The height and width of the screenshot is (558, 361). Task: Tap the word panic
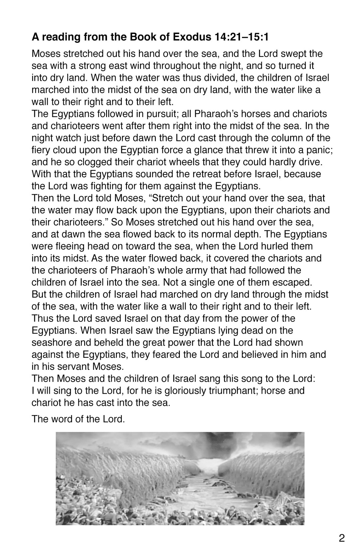pos(320,150)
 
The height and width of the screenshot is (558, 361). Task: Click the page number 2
pos(342,538)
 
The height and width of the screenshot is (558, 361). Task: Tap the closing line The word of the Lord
pos(78,419)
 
